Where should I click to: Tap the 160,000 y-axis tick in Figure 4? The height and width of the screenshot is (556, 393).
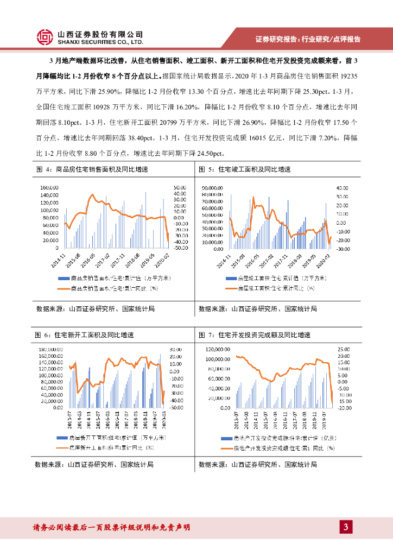[x=49, y=187]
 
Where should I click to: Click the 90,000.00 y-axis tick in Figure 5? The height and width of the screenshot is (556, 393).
[x=212, y=187]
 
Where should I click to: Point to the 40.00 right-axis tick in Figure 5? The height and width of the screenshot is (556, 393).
[x=342, y=187]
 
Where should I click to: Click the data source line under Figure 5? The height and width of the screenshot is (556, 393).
[x=257, y=308]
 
